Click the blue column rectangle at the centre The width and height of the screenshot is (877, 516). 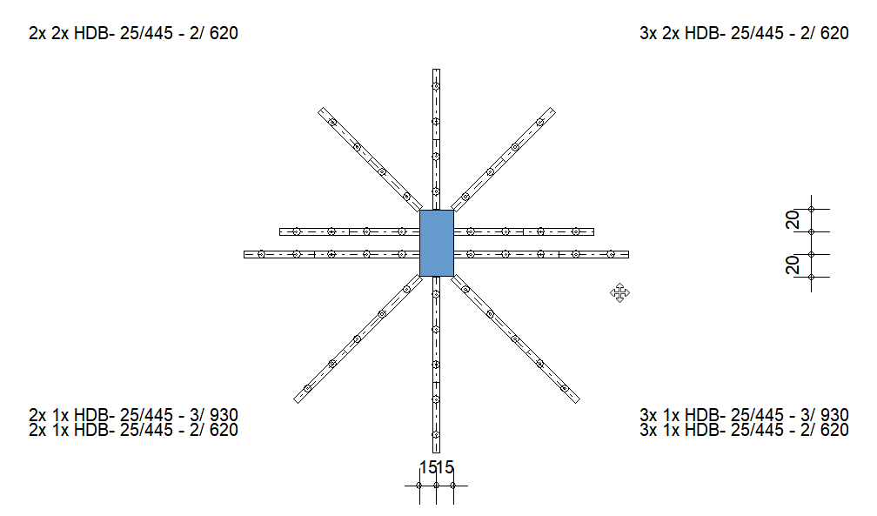436,243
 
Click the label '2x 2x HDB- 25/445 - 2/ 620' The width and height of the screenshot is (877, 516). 133,33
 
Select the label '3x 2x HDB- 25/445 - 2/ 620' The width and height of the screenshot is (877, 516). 744,33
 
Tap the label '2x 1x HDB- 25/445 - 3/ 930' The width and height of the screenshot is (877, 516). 133,415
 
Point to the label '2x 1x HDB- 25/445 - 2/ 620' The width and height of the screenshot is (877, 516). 133,430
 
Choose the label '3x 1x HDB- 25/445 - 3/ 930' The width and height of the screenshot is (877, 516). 744,415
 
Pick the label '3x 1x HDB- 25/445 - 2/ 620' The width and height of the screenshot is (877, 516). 744,430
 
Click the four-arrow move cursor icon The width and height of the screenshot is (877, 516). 619,292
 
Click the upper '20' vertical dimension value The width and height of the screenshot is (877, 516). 793,220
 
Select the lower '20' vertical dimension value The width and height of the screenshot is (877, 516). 793,265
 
